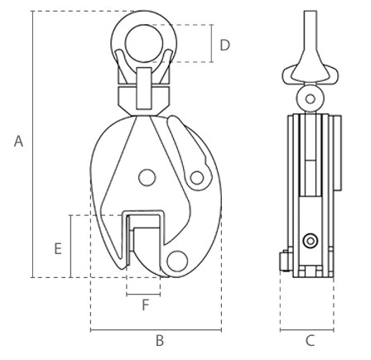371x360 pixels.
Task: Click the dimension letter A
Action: (18, 142)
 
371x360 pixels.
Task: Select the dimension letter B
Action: (160, 340)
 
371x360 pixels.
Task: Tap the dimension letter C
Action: (311, 340)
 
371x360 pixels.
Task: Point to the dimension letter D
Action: (224, 45)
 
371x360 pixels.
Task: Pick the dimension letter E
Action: (58, 248)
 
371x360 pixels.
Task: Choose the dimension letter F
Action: (145, 305)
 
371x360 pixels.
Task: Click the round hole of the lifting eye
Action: (143, 43)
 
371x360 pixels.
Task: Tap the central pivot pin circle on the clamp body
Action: (147, 177)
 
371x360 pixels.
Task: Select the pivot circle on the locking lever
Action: (197, 178)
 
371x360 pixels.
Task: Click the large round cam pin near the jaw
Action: (177, 261)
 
